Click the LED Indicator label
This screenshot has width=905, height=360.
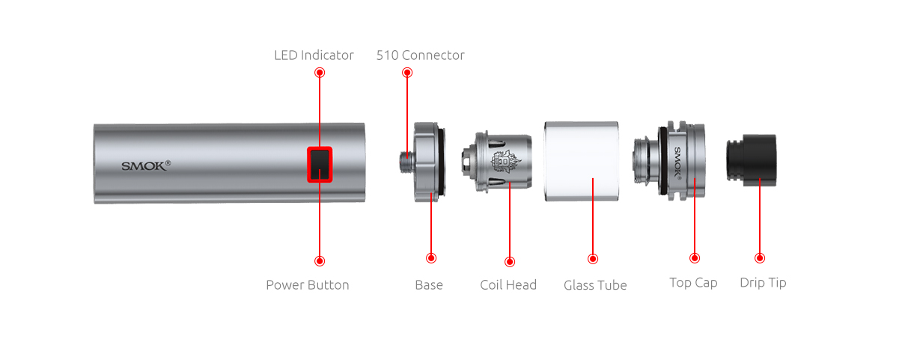pos(314,55)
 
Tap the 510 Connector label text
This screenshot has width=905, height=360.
pos(420,55)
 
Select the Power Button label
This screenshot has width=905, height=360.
pos(308,285)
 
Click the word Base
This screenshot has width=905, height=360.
pos(429,285)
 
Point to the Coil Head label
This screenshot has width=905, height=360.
pos(508,285)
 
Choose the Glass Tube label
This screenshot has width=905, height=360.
pos(595,285)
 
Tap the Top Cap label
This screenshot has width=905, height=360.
pos(693,282)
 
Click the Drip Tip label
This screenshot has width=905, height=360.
pos(763,282)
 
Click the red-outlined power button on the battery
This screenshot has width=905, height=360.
pos(320,165)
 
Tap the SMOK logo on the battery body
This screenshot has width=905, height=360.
pos(146,165)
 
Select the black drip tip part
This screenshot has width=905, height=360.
pos(751,160)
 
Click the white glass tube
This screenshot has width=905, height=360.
pos(582,161)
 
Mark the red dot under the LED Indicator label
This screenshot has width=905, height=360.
pos(320,73)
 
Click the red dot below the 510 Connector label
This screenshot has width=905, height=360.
pos(407,73)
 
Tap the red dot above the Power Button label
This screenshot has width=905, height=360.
pos(320,261)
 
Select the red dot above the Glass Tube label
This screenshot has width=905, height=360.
pos(593,258)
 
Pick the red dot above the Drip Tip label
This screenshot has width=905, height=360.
pos(760,258)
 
